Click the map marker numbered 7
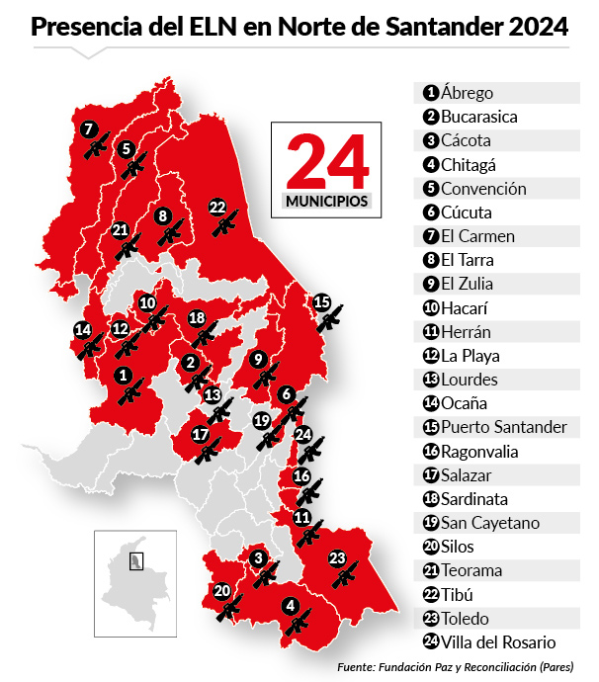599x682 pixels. tap(88, 128)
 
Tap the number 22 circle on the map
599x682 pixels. tap(217, 207)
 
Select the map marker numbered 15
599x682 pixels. tap(321, 301)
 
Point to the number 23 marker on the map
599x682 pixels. tap(337, 559)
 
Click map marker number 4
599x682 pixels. tap(290, 607)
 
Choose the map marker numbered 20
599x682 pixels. tap(222, 591)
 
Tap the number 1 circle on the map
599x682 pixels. tap(123, 376)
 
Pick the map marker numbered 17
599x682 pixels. tap(200, 434)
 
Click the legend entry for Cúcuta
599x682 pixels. tap(467, 213)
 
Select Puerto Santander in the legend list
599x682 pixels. tap(504, 428)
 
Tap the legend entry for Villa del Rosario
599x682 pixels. tap(499, 642)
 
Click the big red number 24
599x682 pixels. tap(326, 161)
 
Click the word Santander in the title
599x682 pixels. tap(441, 29)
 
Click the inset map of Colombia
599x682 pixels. tap(135, 583)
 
